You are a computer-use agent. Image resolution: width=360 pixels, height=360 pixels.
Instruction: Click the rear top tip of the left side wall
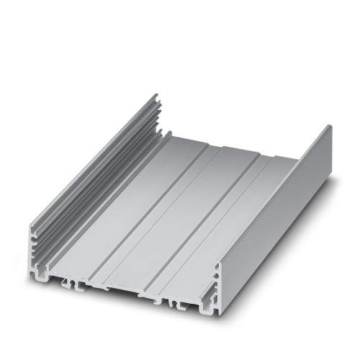coord(157,94)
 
